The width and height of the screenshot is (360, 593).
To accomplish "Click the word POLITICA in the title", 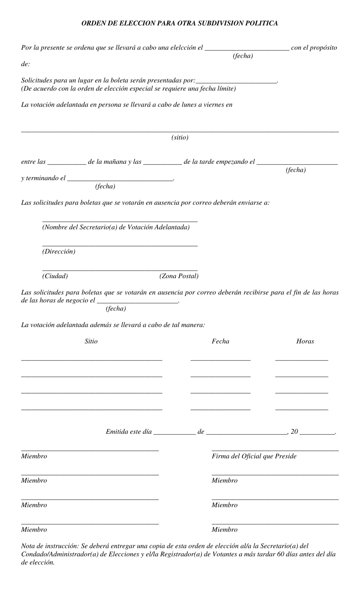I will (x=261, y=23).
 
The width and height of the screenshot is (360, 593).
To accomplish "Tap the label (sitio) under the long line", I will (x=180, y=137).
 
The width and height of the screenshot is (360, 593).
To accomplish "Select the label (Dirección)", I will (x=59, y=251).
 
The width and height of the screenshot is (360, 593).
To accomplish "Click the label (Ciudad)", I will (x=55, y=276).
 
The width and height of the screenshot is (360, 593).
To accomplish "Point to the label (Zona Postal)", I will (x=179, y=276).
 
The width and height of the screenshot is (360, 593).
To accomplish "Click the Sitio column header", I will (x=91, y=341).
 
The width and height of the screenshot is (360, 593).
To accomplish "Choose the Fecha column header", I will (x=220, y=341).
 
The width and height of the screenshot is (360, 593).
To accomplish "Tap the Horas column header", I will (x=305, y=341).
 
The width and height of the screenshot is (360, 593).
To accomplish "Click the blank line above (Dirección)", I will (x=120, y=246).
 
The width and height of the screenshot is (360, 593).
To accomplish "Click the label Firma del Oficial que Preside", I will (x=254, y=456).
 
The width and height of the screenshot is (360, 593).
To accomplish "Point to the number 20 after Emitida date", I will (x=294, y=431).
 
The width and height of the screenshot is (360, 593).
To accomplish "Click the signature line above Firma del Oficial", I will (x=275, y=450).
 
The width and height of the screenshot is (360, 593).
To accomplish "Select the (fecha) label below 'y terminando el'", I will (x=105, y=186).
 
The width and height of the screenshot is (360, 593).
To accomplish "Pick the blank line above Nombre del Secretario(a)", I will (x=120, y=221).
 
